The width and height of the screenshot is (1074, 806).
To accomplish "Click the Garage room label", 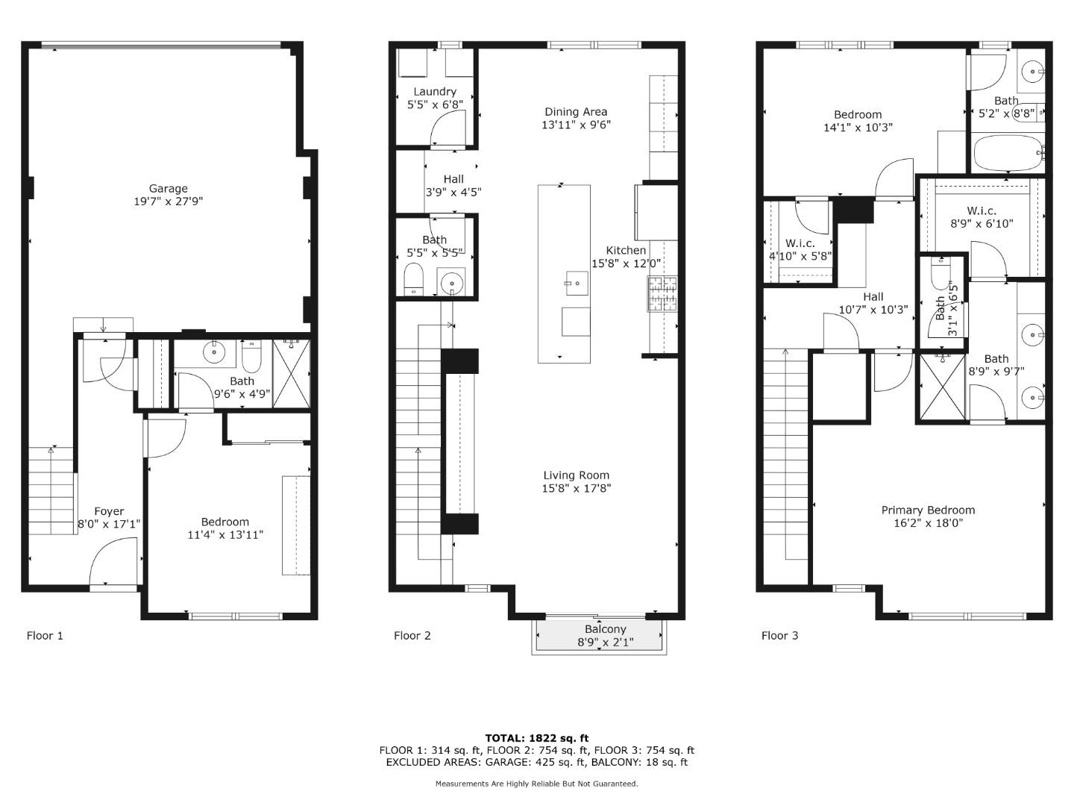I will pos(168,189).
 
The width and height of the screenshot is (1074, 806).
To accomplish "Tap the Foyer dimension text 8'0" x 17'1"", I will pos(109,525).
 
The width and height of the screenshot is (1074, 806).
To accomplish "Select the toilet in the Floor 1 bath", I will pos(251,357).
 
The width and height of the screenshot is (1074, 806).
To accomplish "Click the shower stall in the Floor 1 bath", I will pos(291,373).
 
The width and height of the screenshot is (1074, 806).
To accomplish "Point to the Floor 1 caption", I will pos(45,636).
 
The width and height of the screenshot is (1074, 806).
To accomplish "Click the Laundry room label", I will pos(435,92).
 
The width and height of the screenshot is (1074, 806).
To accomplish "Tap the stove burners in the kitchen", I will pos(662,294).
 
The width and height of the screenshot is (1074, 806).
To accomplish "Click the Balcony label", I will pos(605,629).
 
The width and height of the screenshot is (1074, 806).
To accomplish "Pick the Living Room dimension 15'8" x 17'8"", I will pos(576,489).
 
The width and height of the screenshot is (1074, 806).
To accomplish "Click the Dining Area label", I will pos(576,112).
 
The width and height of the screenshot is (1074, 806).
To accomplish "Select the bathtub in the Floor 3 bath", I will pos(1006,153).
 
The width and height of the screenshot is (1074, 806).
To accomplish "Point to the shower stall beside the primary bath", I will pos(940,387).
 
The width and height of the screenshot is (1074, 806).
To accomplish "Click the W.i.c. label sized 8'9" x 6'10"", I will pos(982,211).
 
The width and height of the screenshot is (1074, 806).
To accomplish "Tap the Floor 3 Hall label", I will pos(873,297).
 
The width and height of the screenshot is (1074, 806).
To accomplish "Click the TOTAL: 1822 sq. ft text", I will pos(536,738).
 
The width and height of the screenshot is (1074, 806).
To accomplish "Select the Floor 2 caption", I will pos(412,636).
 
